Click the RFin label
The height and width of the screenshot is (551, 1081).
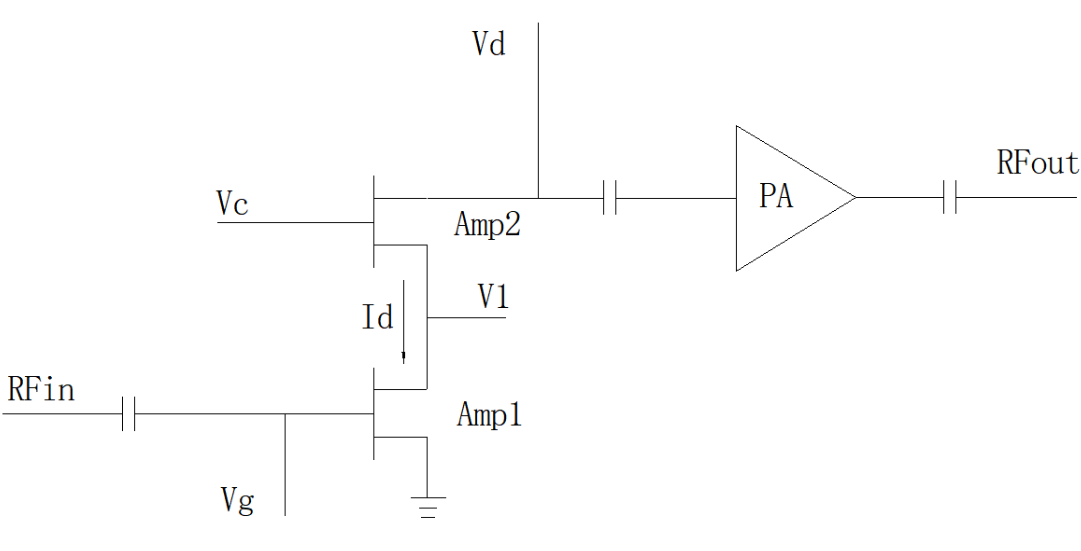41,389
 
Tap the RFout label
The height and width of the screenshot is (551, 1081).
1037,163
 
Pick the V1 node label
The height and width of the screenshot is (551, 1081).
492,296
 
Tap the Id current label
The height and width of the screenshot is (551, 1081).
377,319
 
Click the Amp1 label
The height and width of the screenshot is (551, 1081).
489,415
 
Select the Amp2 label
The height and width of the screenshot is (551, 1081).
488,224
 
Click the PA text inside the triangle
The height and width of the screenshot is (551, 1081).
776,197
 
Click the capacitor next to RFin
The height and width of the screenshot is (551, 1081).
127,414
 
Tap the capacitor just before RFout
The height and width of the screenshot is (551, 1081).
950,198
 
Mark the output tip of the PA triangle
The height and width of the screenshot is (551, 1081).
856,198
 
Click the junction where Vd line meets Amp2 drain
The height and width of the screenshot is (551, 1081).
538,198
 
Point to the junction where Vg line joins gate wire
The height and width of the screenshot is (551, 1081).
285,414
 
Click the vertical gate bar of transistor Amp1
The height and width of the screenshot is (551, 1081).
373,414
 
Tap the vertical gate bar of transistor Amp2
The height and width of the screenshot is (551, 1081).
373,220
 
